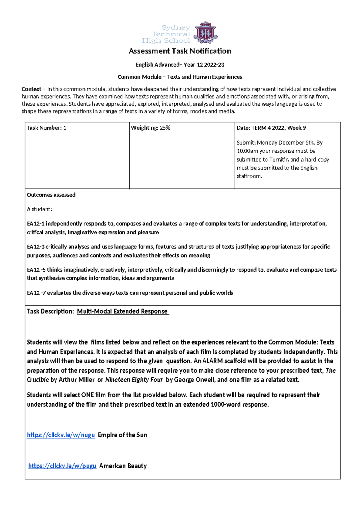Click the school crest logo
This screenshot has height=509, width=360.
pyautogui.click(x=205, y=32)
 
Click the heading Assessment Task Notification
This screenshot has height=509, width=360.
pyautogui.click(x=180, y=51)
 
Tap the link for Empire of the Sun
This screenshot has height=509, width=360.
pyautogui.click(x=61, y=435)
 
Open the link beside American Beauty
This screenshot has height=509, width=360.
pyautogui.click(x=62, y=466)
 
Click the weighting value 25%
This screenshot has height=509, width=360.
pyautogui.click(x=165, y=128)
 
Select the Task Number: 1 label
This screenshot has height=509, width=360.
pyautogui.click(x=46, y=128)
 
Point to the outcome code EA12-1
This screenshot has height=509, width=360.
pyautogui.click(x=35, y=224)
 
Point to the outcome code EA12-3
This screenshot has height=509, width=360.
pyautogui.click(x=35, y=247)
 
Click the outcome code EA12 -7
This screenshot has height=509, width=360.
pyautogui.click(x=36, y=293)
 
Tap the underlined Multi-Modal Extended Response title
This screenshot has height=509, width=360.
pyautogui.click(x=122, y=311)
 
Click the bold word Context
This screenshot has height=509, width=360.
pyautogui.click(x=31, y=89)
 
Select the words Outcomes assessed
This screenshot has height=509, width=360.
pyautogui.click(x=51, y=195)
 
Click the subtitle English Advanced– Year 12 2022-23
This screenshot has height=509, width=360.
pyautogui.click(x=180, y=65)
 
